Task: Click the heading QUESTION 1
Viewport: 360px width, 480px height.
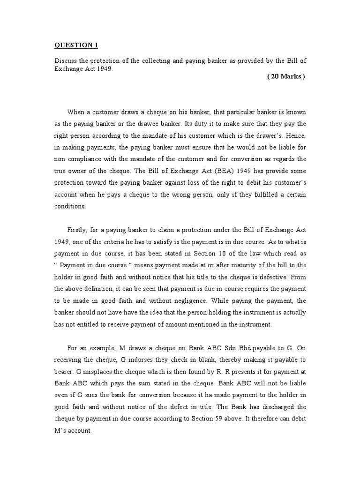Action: (x=76, y=45)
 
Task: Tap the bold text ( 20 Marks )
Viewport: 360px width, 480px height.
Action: (x=286, y=77)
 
